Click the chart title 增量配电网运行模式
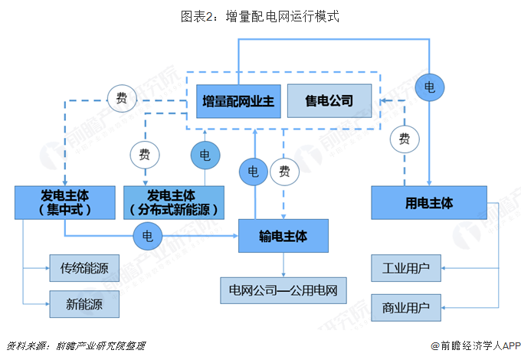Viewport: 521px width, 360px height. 260,15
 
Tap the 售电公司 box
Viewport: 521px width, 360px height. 329,100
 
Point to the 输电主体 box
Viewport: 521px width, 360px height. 284,237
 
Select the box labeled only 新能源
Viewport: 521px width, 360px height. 84,304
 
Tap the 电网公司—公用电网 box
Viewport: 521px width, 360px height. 283,291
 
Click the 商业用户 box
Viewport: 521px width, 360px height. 406,308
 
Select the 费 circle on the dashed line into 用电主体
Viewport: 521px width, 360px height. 405,139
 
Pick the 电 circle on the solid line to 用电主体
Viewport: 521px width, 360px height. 430,87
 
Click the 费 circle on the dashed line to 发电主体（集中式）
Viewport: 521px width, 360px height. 121,97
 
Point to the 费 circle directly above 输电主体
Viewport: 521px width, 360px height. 285,171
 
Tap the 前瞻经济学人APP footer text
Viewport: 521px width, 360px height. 475,345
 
